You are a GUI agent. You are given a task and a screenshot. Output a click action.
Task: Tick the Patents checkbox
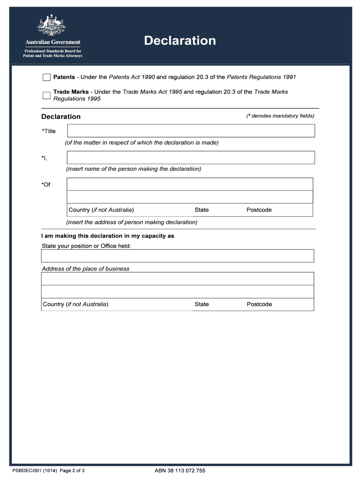point(46,77)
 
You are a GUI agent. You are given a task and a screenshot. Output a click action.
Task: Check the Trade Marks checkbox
point(46,95)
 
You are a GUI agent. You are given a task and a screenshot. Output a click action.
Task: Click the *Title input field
point(191,131)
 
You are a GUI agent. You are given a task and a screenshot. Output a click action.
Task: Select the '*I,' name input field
point(191,157)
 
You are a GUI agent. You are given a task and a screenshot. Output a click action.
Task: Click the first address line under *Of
point(190,184)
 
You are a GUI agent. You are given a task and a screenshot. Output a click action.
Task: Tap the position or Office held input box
point(177,256)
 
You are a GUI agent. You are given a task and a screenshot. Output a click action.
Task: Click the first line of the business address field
point(177,279)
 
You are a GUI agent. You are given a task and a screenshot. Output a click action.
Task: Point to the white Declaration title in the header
point(180,41)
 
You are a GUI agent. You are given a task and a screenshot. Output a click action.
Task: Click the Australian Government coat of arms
point(52,26)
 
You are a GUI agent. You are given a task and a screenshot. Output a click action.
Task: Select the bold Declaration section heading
point(61,116)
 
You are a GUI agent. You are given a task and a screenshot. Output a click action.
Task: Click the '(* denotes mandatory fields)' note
point(280,116)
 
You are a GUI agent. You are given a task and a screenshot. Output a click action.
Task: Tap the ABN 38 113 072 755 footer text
point(180,471)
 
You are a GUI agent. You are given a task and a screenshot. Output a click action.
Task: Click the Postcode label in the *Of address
point(259,210)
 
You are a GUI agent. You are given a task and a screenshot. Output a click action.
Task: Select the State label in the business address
point(202,305)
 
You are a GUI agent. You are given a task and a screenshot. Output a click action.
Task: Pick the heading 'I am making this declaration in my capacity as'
point(108,236)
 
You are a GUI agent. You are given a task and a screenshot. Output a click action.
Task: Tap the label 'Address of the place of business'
point(86,269)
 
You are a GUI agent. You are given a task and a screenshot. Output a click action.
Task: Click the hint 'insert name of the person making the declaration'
point(134,169)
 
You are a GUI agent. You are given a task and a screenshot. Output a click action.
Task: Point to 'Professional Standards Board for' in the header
point(52,51)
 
